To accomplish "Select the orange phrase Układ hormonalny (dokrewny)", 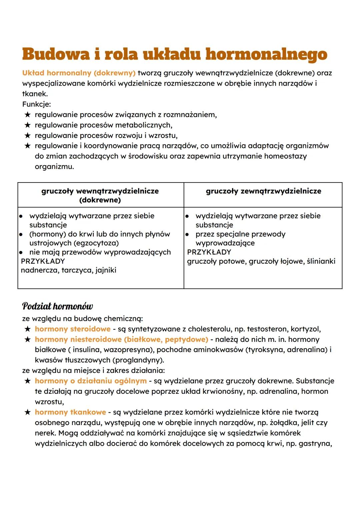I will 79,73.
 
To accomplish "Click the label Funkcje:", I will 37,104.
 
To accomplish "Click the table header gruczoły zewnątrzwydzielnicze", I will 263,191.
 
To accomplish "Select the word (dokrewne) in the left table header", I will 100,200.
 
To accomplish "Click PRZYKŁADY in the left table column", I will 43,261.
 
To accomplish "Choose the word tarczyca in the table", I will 77,270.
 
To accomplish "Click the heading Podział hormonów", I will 57,306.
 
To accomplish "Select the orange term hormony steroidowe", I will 72,329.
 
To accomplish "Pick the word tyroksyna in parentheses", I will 265,350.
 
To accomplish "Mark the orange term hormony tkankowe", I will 70,412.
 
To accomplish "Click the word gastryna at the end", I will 315,444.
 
